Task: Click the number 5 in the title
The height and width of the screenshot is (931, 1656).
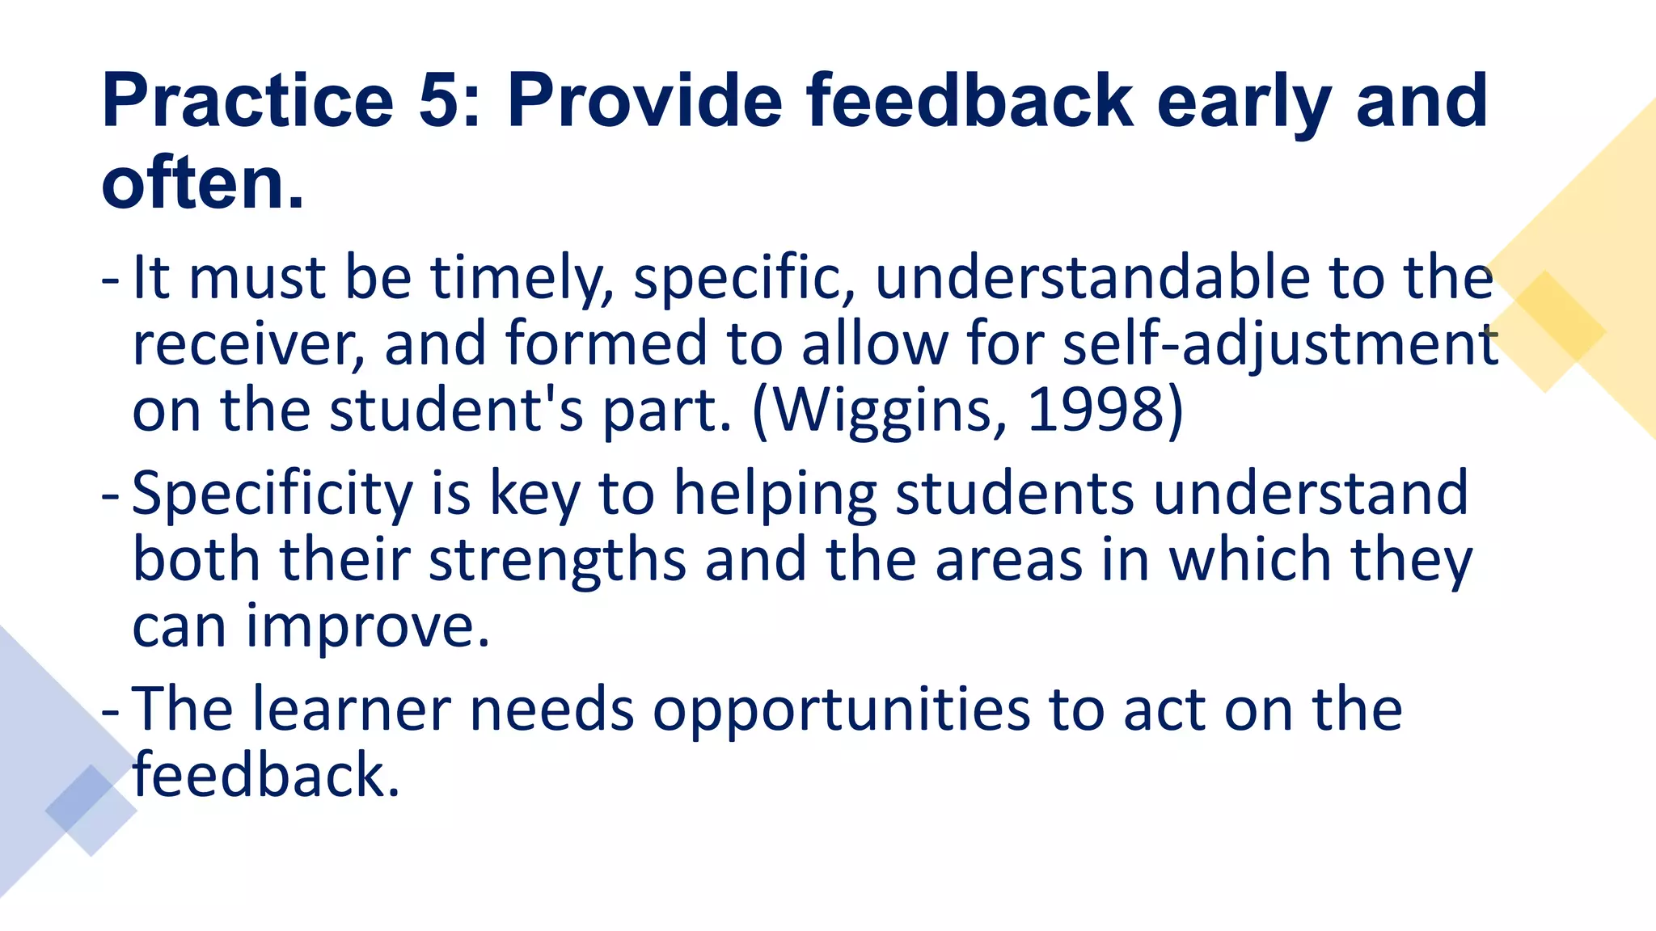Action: tap(440, 101)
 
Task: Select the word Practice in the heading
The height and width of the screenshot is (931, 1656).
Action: tap(247, 101)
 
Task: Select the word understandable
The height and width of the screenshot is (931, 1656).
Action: tap(1092, 277)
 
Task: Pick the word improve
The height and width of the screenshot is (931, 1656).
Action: tap(368, 627)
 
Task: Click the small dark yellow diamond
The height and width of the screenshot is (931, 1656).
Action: tap(1545, 331)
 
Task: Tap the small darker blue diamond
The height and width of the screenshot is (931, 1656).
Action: tap(91, 810)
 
